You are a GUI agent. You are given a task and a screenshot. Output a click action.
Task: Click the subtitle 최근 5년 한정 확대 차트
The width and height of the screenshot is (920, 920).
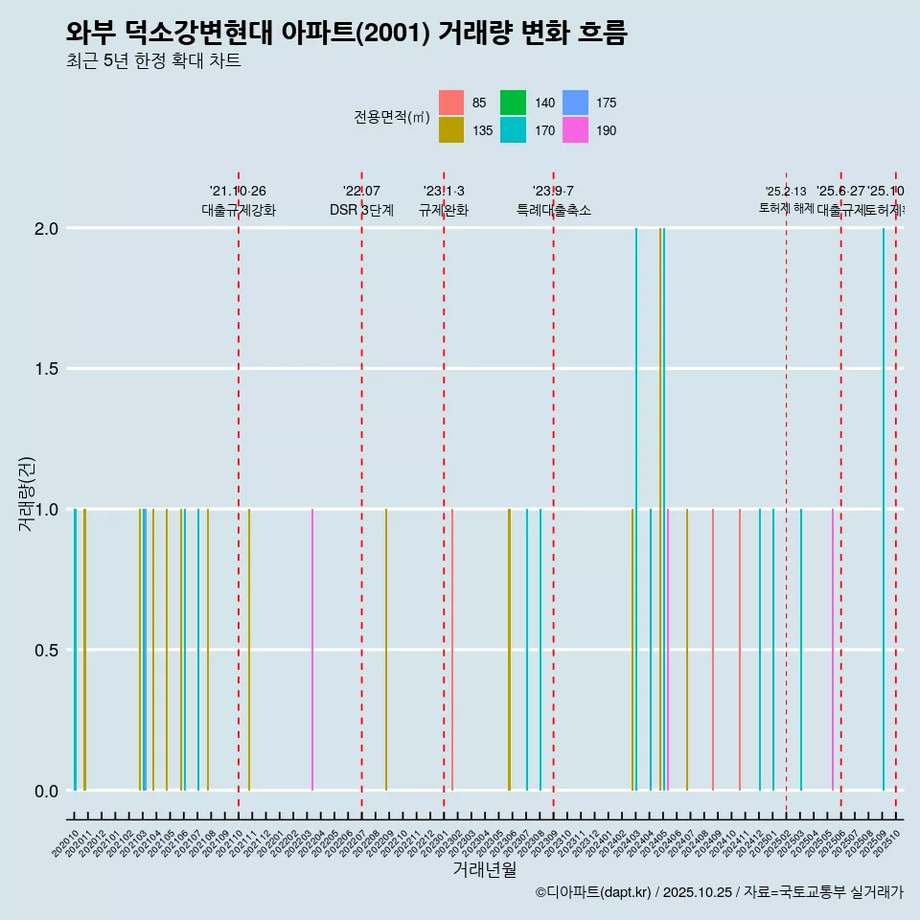(x=153, y=61)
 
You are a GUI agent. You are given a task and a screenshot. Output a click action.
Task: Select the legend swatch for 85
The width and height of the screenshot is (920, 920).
(x=451, y=103)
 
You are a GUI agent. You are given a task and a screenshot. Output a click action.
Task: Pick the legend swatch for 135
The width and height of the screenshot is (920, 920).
(x=451, y=130)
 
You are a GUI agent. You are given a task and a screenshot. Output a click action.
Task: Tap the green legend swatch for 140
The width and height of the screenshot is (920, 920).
(x=514, y=103)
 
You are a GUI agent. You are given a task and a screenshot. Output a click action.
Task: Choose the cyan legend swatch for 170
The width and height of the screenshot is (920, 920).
(x=514, y=130)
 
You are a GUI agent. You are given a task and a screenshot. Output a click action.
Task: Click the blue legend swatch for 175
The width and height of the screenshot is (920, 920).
(x=575, y=103)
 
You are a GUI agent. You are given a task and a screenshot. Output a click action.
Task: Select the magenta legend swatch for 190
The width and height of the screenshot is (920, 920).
(x=575, y=130)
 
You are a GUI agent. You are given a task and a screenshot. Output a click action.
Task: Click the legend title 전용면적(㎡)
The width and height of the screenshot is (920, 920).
(x=391, y=117)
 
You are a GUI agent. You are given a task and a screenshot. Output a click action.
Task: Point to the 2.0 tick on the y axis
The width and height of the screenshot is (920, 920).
(x=49, y=228)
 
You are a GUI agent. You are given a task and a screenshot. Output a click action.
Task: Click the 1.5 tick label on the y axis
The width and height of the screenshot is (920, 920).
(x=49, y=369)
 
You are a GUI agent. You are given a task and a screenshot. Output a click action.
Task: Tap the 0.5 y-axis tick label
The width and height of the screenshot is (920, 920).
(x=49, y=650)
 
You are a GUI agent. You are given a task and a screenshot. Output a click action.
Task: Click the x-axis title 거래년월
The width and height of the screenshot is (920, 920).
(x=484, y=869)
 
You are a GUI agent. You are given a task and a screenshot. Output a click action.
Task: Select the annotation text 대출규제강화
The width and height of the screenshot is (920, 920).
(x=239, y=210)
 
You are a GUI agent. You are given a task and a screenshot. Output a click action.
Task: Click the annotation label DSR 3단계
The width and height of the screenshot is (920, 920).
(x=361, y=210)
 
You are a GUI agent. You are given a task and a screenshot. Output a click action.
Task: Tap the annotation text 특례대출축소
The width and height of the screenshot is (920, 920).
(x=553, y=210)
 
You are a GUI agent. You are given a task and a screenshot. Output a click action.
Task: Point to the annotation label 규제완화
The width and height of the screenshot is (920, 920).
(x=444, y=210)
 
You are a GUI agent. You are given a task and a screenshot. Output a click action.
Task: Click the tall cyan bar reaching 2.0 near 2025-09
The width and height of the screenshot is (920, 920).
(x=884, y=508)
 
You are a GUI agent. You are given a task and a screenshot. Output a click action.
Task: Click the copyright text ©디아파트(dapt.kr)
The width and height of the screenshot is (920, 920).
(x=594, y=892)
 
